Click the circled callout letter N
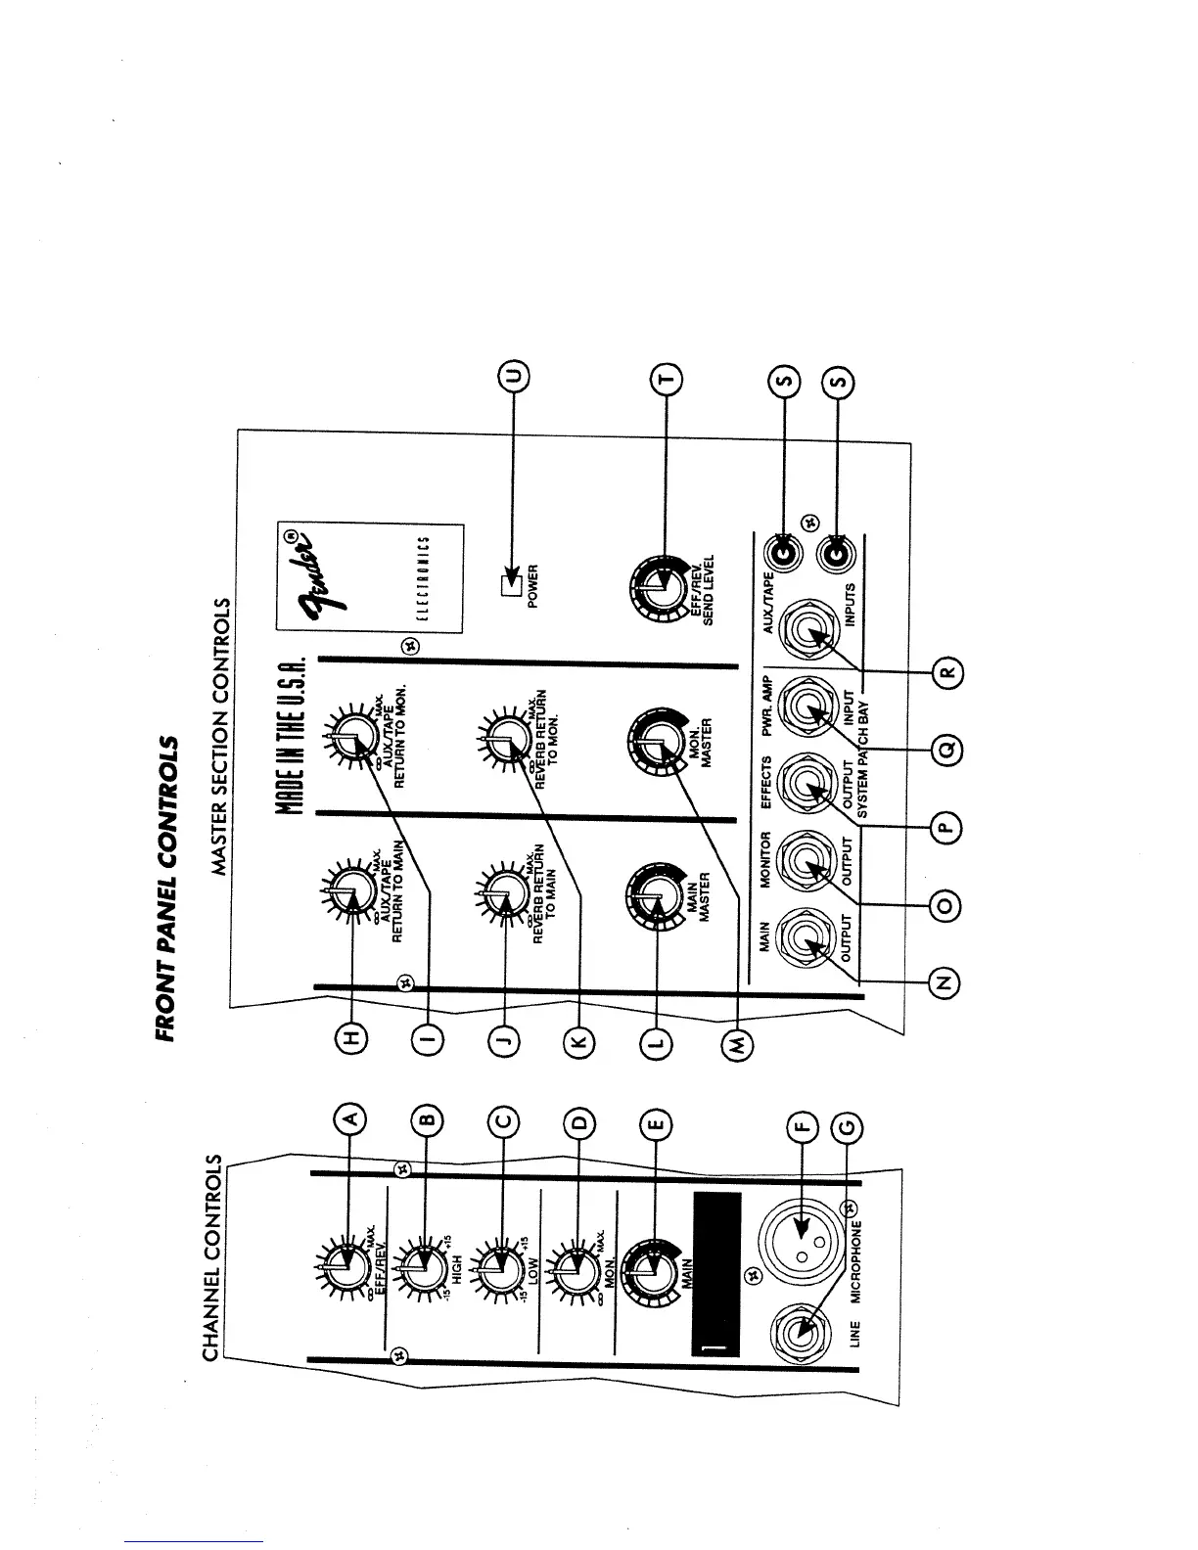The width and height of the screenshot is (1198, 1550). click(944, 982)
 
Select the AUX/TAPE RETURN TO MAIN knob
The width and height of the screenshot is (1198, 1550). click(347, 891)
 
